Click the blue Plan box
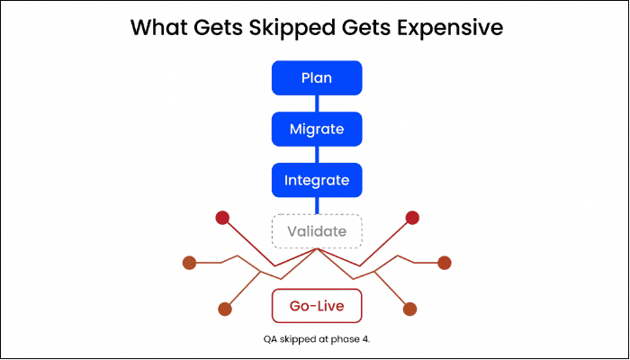pyautogui.click(x=317, y=77)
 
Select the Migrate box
pyautogui.click(x=317, y=129)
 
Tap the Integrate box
pyautogui.click(x=317, y=180)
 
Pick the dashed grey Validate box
pyautogui.click(x=317, y=231)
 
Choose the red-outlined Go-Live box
pyautogui.click(x=317, y=306)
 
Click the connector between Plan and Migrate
pyautogui.click(x=317, y=103)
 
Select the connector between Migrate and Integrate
pyautogui.click(x=317, y=155)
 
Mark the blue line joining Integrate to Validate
pyautogui.click(x=317, y=206)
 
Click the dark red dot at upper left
pyautogui.click(x=220, y=217)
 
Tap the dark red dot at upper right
pyautogui.click(x=413, y=217)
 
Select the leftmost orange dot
pyautogui.click(x=189, y=264)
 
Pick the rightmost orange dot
pyautogui.click(x=444, y=263)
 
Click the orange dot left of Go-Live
pyautogui.click(x=225, y=309)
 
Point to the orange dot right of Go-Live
pyautogui.click(x=409, y=309)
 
